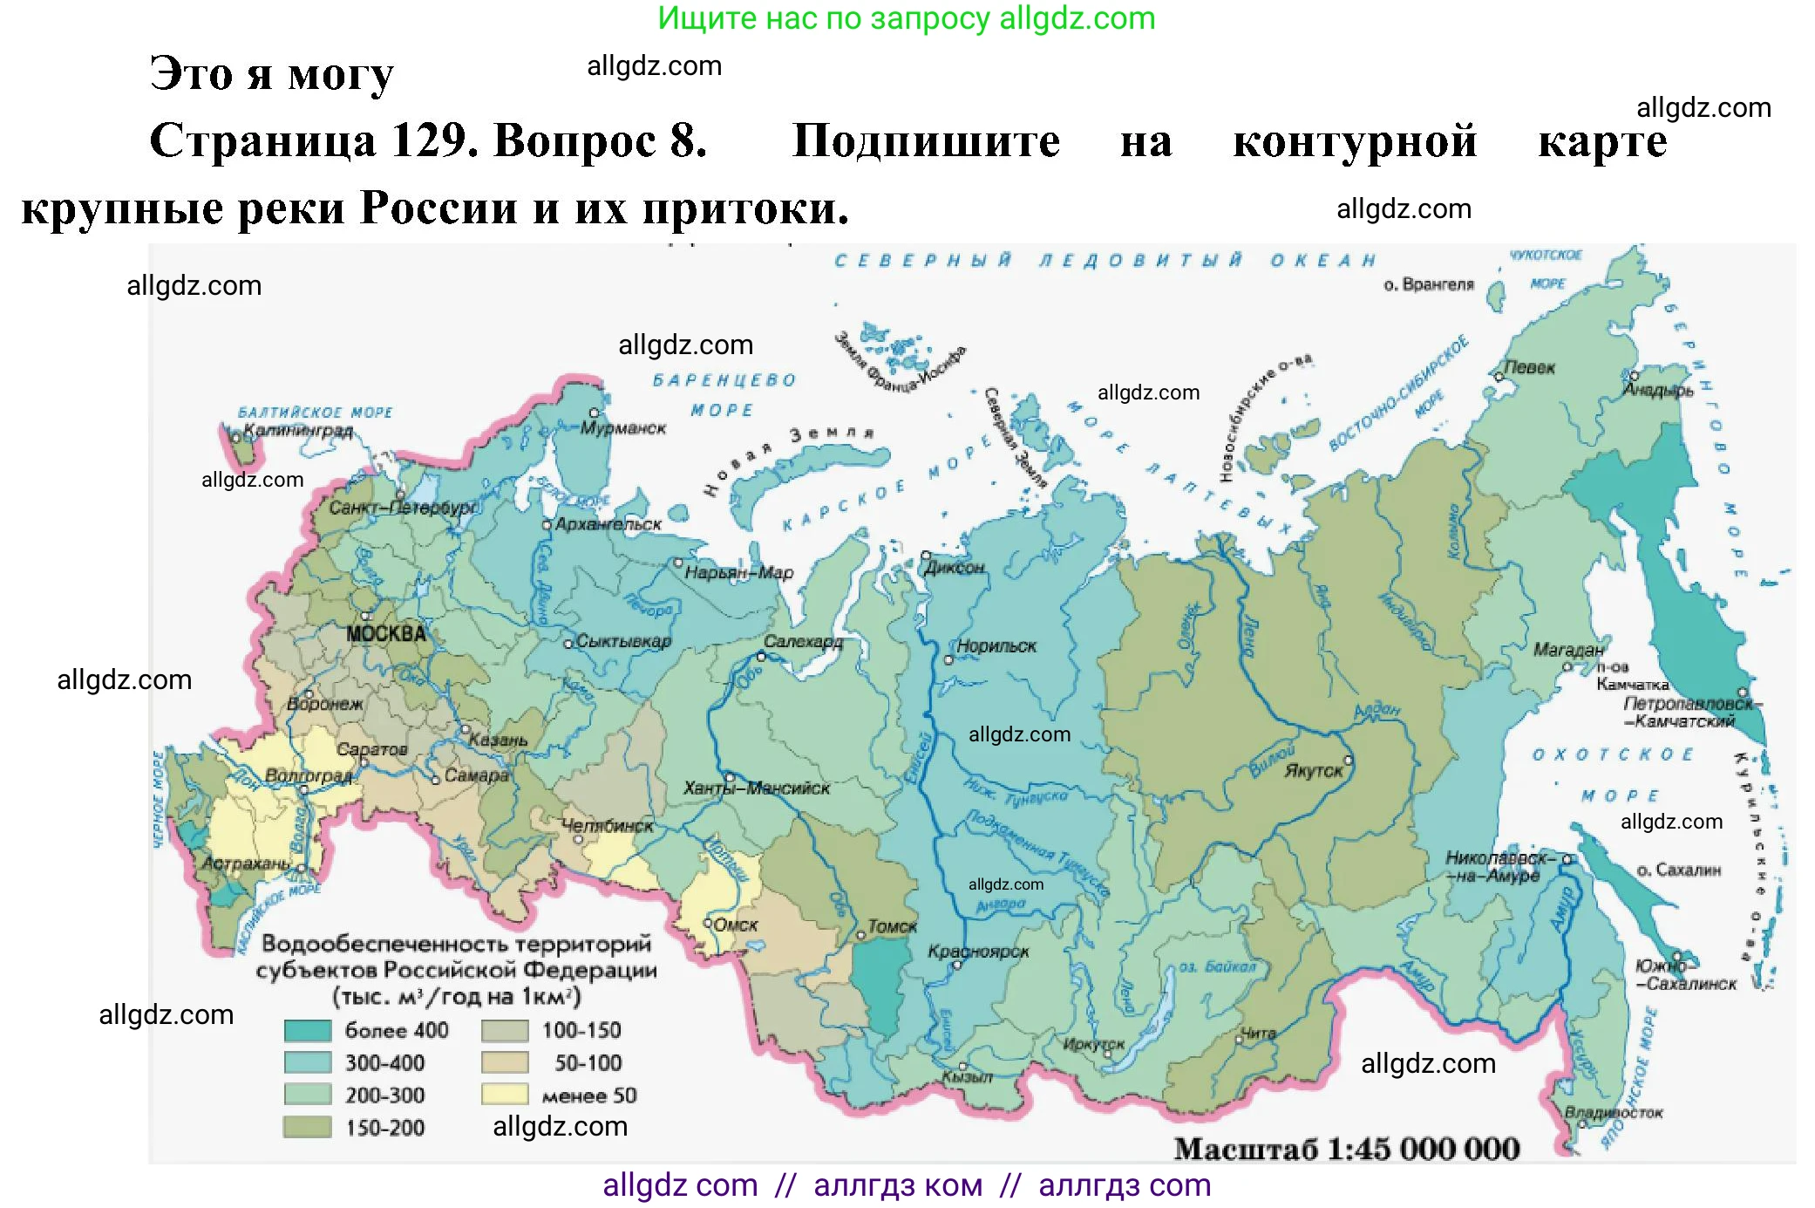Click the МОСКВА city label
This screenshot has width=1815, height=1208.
click(385, 634)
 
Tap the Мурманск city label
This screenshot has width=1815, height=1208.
click(622, 428)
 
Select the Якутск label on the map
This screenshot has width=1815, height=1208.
click(1313, 771)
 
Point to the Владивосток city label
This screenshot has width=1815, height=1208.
click(1613, 1113)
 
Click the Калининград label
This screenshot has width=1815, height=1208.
click(298, 431)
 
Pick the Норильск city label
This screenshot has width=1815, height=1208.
click(996, 646)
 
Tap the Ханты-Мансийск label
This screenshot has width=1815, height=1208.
click(757, 788)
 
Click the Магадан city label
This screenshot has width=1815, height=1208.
click(1568, 650)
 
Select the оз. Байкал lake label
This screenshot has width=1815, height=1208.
click(1217, 966)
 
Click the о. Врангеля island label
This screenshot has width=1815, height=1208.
click(1428, 284)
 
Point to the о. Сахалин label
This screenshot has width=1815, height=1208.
click(1678, 870)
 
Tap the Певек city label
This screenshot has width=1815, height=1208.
click(1529, 367)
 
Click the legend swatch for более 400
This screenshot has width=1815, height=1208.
click(308, 1031)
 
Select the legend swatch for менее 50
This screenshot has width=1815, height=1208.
click(505, 1095)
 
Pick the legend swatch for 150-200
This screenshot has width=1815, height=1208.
click(308, 1127)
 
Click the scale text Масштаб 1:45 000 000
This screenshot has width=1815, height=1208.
click(1346, 1149)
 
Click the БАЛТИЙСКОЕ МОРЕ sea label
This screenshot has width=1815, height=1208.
click(316, 413)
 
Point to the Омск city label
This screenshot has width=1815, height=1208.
click(735, 925)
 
